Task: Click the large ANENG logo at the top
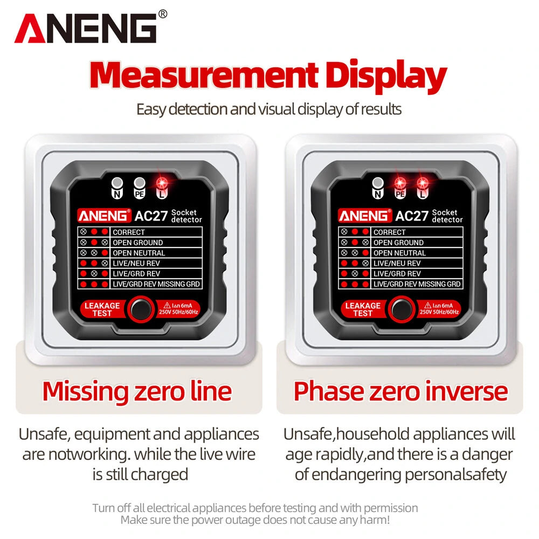[x=86, y=29]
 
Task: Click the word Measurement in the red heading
[x=204, y=74]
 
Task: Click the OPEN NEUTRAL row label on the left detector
[x=139, y=253]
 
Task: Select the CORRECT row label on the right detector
[x=390, y=232]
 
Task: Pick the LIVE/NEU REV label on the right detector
[x=397, y=264]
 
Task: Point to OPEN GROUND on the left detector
[x=138, y=243]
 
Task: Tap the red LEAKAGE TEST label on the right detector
[x=363, y=309]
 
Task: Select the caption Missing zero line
[x=137, y=392]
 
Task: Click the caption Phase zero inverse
[x=400, y=391]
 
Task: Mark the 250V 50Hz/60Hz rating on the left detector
[x=178, y=312]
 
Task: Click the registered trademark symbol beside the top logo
[x=163, y=14]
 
